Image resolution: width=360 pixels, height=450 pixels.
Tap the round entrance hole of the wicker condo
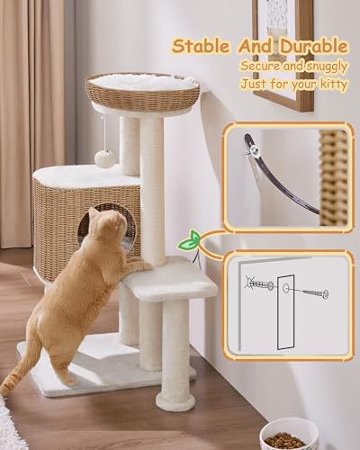(x=97, y=224)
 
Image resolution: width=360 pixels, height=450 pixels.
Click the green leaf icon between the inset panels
(x=191, y=241)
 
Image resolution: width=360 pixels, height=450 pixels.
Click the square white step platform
(x=172, y=279)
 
